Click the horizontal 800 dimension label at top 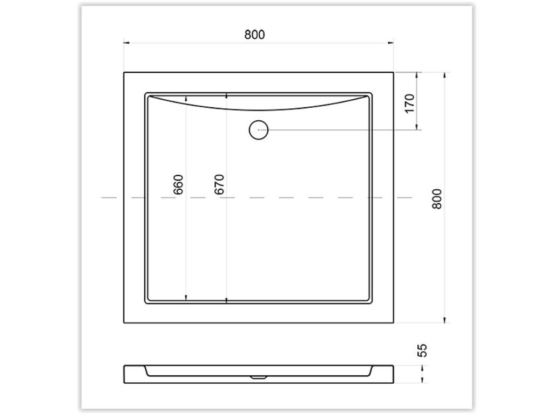click(x=254, y=34)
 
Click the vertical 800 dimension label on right click(x=437, y=199)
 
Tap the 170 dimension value click(x=409, y=103)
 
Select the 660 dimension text click(x=178, y=184)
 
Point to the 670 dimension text click(x=219, y=184)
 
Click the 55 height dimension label click(x=422, y=350)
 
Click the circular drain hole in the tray click(x=259, y=130)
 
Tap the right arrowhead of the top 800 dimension click(x=390, y=43)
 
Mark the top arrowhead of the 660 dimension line click(x=186, y=99)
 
